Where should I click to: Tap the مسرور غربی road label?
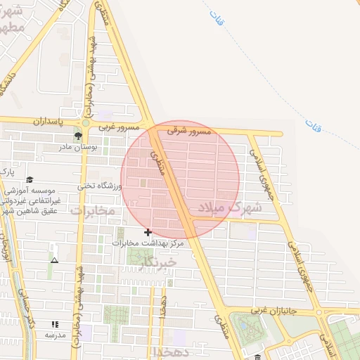(115, 128)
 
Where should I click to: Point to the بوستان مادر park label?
(79, 148)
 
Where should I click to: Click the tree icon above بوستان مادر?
(77, 136)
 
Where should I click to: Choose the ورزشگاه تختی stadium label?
(100, 186)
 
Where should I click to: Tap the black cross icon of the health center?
(148, 232)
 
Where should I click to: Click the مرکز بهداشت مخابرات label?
(148, 243)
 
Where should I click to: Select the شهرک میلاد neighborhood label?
(229, 207)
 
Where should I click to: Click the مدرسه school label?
(55, 335)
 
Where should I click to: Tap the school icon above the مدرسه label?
(55, 325)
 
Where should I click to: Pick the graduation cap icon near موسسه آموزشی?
(30, 180)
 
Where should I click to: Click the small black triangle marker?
(54, 260)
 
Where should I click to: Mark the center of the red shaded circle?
(180, 179)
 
